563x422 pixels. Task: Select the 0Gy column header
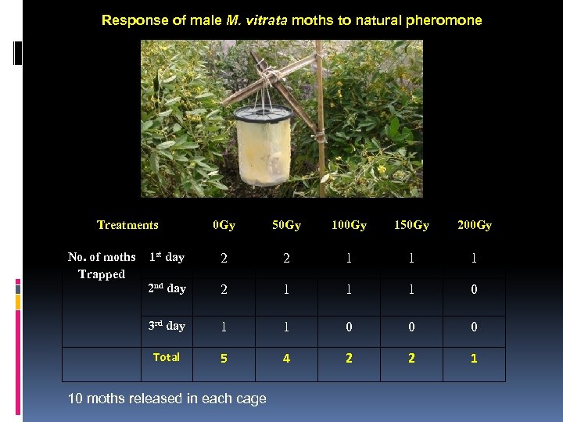point(224,226)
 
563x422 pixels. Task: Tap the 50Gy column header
point(286,226)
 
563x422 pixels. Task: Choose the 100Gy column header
point(349,226)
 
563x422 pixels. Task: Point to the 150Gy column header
point(411,226)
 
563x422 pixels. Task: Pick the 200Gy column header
point(474,226)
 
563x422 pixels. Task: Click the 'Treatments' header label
point(127,225)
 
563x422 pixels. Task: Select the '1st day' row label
point(167,257)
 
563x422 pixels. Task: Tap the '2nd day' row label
point(167,288)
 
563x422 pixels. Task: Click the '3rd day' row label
point(167,326)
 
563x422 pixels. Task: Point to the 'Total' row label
point(167,357)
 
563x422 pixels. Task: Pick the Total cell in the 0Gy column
point(224,359)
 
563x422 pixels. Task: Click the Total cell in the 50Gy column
point(286,359)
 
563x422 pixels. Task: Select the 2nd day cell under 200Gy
point(474,289)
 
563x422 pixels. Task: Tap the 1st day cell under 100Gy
point(349,258)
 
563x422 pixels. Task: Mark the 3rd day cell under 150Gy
point(411,327)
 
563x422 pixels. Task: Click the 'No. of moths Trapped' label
point(102,266)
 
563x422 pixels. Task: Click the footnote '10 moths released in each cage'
point(167,399)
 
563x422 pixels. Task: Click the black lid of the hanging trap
point(262,113)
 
